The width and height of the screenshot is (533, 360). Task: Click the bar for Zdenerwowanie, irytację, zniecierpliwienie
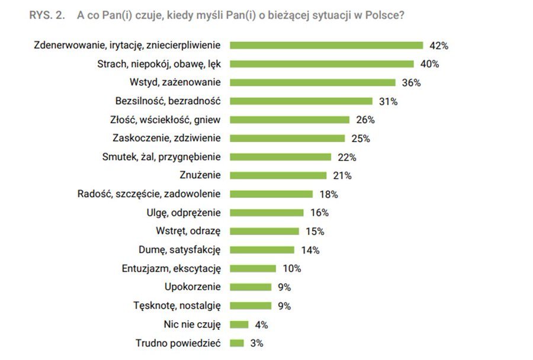pyautogui.click(x=326, y=45)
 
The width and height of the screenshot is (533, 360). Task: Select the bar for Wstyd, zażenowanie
pyautogui.click(x=312, y=82)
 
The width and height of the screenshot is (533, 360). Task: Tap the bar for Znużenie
pyautogui.click(x=278, y=175)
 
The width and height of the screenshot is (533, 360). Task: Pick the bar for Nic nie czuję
pyautogui.click(x=239, y=324)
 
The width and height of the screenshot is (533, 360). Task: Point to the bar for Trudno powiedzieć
pyautogui.click(x=237, y=343)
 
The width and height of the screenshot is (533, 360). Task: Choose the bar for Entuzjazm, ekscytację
pyautogui.click(x=253, y=268)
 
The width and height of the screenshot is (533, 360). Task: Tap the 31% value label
pyautogui.click(x=388, y=101)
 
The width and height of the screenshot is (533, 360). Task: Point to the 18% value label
pyautogui.click(x=328, y=194)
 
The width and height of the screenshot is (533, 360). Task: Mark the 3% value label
pyautogui.click(x=256, y=343)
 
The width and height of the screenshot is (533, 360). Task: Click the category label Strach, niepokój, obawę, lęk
pyautogui.click(x=158, y=64)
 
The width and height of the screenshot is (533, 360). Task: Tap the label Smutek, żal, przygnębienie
pyautogui.click(x=162, y=157)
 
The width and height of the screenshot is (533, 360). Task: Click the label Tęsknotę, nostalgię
pyautogui.click(x=177, y=306)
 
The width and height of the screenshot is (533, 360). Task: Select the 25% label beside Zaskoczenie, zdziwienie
pyautogui.click(x=360, y=139)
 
